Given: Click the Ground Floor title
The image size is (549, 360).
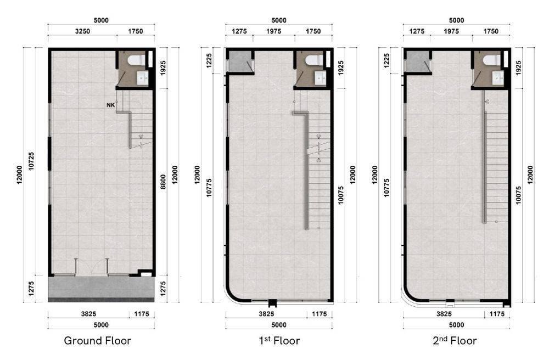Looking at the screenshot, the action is (x=97, y=341).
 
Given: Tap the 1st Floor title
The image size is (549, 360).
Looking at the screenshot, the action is (x=279, y=341).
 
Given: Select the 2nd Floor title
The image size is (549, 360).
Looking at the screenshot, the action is (x=455, y=341).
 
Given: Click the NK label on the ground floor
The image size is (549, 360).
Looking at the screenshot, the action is (x=111, y=105).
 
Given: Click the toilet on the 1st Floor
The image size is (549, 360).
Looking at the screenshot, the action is (x=314, y=60).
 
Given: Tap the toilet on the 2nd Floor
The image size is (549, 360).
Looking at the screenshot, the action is (x=491, y=60).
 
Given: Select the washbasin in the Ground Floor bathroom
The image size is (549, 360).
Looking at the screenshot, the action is (x=142, y=78).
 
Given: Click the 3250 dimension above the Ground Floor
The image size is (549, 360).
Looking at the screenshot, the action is (x=83, y=31).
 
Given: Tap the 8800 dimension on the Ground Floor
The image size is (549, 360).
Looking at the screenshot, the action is (x=163, y=182).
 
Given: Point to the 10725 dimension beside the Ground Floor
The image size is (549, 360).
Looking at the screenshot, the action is (x=32, y=161).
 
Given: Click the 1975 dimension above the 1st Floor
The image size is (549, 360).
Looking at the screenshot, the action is (x=273, y=31).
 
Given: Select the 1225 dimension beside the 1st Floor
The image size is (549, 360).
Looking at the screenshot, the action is (x=209, y=60).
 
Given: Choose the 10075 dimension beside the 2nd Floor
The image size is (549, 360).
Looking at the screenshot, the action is (x=519, y=195).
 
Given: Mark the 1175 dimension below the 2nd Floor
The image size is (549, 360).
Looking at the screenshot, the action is (x=497, y=314).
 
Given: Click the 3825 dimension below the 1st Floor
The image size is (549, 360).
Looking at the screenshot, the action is (x=266, y=314).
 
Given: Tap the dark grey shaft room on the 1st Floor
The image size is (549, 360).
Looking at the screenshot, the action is (x=239, y=62).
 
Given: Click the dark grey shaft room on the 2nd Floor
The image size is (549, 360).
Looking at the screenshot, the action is (x=417, y=62).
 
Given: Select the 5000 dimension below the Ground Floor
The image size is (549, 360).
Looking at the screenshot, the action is (x=101, y=325).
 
